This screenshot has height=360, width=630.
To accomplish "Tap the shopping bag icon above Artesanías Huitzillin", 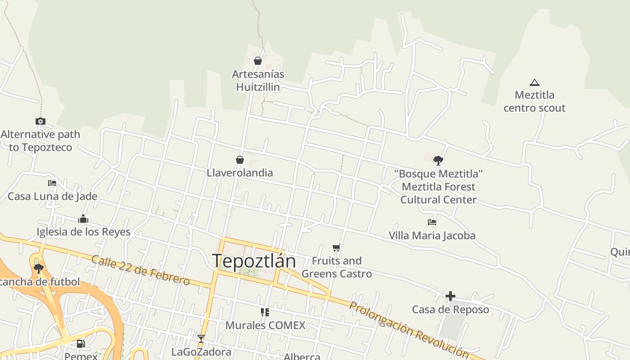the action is (258, 61).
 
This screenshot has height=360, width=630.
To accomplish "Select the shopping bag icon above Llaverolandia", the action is (240, 160).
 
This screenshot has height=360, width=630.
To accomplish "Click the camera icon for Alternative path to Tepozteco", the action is (40, 121).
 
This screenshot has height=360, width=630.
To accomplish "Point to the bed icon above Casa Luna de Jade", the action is (52, 183).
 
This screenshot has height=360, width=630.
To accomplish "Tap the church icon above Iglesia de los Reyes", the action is (83, 219).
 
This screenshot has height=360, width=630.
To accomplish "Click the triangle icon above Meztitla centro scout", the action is (534, 82).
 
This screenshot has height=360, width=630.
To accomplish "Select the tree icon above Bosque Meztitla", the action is (438, 160).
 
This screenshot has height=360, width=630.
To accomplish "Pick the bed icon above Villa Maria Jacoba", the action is (432, 222).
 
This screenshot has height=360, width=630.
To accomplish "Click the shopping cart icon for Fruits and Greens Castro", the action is (336, 247).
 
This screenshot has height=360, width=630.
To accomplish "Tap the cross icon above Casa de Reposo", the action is (450, 296).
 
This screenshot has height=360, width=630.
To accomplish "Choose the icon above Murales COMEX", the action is (265, 312).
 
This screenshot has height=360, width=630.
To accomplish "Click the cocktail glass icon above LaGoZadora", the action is (201, 338).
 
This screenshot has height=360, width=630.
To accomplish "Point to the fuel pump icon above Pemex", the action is (81, 344).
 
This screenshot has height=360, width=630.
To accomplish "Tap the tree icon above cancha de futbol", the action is (39, 269).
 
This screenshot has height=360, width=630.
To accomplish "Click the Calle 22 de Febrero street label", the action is (140, 270).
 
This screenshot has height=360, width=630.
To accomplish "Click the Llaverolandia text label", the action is (240, 173).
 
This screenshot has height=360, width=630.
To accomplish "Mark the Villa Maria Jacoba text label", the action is (432, 235).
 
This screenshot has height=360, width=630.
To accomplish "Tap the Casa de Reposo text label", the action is (450, 310).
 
